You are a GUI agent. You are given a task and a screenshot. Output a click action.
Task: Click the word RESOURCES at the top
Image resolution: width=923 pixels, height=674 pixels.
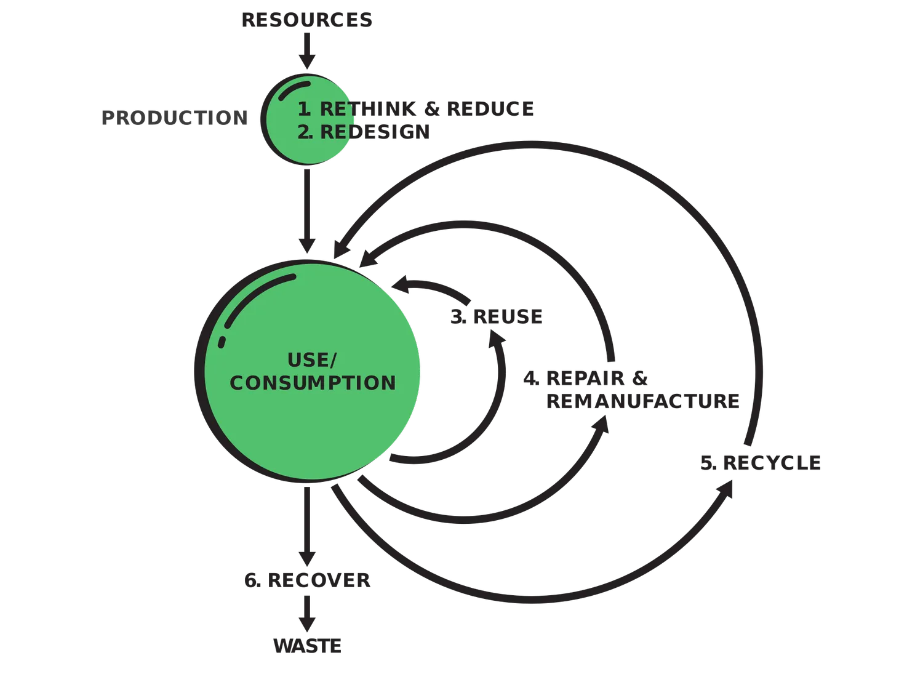[307, 20]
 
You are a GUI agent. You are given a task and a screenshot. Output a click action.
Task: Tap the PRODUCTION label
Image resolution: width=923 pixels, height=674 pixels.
[175, 118]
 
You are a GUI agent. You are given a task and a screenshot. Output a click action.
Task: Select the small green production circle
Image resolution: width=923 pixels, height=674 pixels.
[307, 119]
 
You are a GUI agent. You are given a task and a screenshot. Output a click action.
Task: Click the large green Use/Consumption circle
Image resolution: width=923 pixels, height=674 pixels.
[308, 371]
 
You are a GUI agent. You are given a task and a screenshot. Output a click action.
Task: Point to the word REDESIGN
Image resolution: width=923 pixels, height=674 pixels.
[375, 132]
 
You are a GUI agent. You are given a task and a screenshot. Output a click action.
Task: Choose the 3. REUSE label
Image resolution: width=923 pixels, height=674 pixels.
[497, 316]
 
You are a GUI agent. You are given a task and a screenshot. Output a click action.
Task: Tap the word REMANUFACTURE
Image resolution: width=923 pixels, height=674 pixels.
[643, 401]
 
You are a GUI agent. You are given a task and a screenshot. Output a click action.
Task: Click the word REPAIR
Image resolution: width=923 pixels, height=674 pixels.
[585, 378]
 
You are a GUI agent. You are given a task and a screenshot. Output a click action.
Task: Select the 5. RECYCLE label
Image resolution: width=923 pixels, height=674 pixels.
[761, 462]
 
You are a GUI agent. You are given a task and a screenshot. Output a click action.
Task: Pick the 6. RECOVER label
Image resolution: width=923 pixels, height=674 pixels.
[308, 580]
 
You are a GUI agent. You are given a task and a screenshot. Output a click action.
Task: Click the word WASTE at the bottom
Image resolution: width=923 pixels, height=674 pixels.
[308, 646]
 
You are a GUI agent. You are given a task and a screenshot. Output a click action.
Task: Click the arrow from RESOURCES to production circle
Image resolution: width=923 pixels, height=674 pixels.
[307, 51]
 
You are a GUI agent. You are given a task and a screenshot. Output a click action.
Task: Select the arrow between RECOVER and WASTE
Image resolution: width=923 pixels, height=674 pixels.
[307, 614]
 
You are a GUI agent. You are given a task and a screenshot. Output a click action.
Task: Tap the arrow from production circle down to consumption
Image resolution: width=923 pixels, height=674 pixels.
[307, 211]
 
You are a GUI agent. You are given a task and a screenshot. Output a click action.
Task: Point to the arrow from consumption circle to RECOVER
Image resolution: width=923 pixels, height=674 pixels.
[307, 526]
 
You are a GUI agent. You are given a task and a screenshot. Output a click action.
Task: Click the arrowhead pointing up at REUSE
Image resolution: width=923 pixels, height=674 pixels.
[497, 340]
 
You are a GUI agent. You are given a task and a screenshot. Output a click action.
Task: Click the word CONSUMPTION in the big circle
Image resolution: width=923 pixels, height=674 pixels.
[313, 383]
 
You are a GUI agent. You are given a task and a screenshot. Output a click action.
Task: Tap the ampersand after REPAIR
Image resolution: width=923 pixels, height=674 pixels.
[639, 378]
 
